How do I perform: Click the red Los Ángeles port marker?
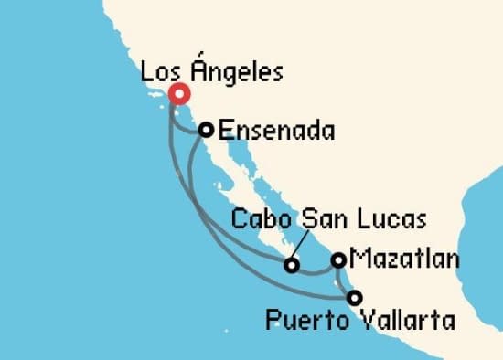tap(177, 94)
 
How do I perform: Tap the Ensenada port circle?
tap(207, 130)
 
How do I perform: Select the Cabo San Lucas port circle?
tap(292, 266)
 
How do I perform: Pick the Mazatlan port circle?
tap(338, 260)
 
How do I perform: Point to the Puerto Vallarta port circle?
tap(354, 296)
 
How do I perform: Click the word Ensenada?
tap(277, 132)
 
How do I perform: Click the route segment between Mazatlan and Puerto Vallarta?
tap(344, 279)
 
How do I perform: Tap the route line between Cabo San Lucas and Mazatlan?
tap(316, 271)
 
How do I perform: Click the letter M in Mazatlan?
tap(359, 261)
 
